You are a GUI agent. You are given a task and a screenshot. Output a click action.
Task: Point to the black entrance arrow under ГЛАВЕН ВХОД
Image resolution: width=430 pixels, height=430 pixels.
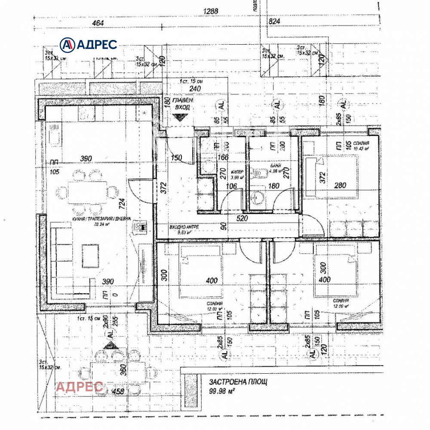pyautogui.click(x=177, y=117)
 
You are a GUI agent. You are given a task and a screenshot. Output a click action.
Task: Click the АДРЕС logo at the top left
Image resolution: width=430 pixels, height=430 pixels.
pyautogui.click(x=89, y=44)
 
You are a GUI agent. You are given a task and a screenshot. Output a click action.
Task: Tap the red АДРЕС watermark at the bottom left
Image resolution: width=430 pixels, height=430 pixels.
pyautogui.click(x=79, y=387)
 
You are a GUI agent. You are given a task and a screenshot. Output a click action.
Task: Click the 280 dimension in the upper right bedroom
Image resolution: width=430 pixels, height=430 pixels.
pyautogui.click(x=340, y=185)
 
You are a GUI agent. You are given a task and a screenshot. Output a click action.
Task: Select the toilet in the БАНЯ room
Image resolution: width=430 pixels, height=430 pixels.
pyautogui.click(x=258, y=172)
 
